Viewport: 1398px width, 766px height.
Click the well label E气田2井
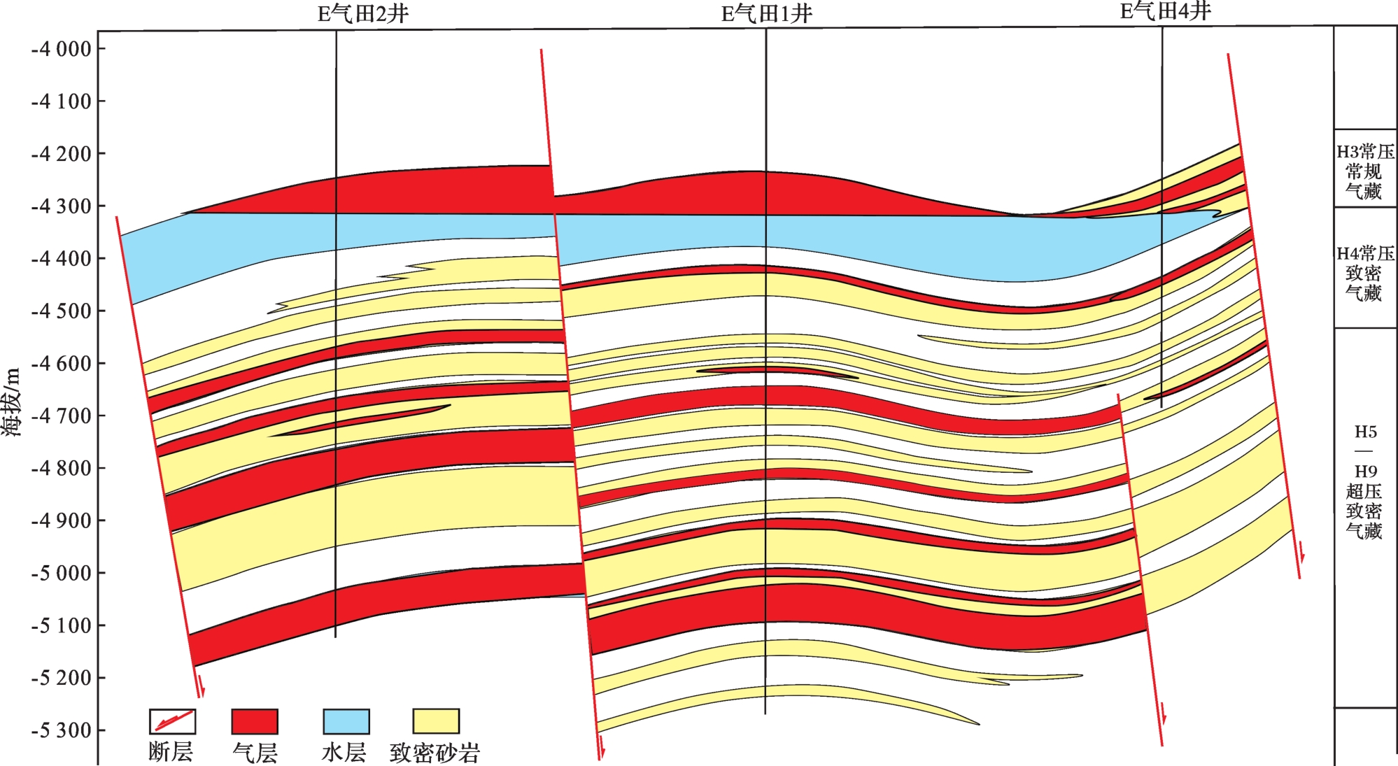(362, 14)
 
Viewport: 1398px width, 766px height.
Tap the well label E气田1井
(767, 14)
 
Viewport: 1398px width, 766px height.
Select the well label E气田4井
(1165, 12)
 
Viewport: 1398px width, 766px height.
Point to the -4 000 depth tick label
(62, 49)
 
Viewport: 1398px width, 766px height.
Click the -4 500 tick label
(62, 311)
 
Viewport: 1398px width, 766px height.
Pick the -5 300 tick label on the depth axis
(62, 730)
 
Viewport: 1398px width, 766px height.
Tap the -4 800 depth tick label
(62, 469)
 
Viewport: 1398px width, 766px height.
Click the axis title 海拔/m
(12, 402)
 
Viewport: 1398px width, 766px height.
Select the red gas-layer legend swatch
(255, 721)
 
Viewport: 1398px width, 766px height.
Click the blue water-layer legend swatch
(346, 721)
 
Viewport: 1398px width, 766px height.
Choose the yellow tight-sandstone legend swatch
(435, 721)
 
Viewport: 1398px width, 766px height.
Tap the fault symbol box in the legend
(172, 721)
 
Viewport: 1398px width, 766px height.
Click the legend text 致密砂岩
(435, 753)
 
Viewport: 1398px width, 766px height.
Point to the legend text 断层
(171, 752)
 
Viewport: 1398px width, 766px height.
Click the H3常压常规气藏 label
(1364, 171)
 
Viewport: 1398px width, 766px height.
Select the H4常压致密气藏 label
(1364, 273)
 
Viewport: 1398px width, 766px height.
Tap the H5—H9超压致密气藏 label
(1364, 483)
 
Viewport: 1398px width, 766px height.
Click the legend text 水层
(344, 753)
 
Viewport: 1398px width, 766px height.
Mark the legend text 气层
(255, 753)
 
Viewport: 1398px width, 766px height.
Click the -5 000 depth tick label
(62, 573)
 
